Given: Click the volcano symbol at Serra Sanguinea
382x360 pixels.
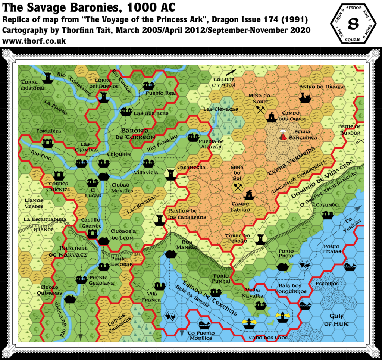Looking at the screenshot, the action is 284,135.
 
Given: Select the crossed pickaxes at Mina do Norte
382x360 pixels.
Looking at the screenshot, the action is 260,109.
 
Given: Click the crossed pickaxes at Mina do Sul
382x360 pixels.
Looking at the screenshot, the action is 238,187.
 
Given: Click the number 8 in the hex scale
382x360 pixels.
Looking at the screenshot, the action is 353,23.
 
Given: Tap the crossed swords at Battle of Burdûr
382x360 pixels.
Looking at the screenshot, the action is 360,141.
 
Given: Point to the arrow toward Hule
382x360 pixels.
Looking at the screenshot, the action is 231,73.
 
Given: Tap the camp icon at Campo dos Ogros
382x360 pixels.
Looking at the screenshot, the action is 272,117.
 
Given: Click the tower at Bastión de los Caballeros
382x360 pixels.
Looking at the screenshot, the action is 160,219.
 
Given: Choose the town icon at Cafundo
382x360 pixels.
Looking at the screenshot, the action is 328,215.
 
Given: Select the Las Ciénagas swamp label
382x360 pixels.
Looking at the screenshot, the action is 220,109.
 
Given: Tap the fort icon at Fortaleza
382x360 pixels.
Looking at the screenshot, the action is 48,143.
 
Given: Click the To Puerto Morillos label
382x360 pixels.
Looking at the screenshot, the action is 200,335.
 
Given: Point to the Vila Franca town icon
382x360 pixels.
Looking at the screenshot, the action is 160,286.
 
